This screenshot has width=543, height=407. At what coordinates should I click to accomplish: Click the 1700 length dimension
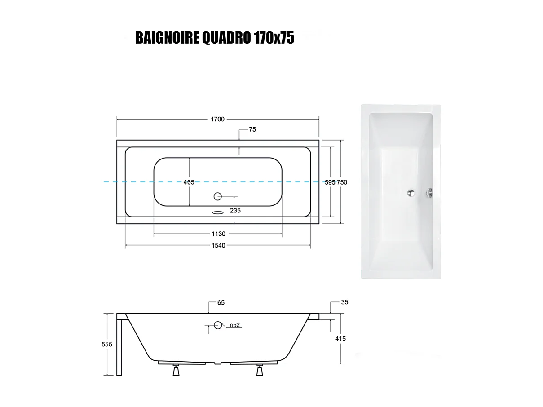pos(218,119)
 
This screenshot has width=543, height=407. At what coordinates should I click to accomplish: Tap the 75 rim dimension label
pos(252,130)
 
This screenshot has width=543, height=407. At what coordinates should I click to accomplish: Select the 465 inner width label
pos(189,182)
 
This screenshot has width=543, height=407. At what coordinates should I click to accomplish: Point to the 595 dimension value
pos(330,182)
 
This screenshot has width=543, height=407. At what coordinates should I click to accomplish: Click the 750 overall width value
pos(342,182)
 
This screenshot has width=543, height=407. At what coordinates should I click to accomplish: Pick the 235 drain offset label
pos(235,210)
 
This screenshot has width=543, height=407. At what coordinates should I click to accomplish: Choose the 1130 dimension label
pos(218,234)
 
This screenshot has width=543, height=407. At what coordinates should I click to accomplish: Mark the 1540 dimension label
pos(218,246)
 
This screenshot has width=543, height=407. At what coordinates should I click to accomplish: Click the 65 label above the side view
pos(221,303)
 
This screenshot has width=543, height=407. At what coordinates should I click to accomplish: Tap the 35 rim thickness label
pos(344,302)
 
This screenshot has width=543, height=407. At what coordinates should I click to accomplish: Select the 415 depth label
pos(340,339)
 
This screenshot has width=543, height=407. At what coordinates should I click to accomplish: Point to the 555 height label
pos(107,344)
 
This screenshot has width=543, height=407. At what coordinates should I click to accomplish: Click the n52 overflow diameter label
pos(234,325)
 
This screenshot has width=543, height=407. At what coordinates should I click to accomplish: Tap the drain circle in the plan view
pos(218,196)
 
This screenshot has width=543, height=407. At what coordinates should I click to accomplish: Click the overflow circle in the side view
pos(218,325)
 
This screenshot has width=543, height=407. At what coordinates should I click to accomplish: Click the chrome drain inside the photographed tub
pos(410,193)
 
